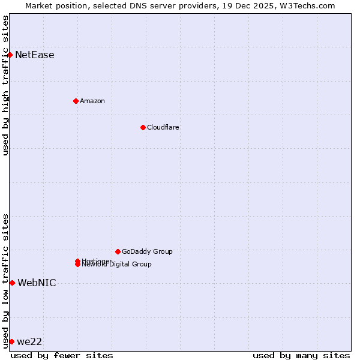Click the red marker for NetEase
tap(10, 55)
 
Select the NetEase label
tap(35, 55)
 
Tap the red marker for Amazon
tap(76, 101)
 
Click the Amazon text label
tap(92, 101)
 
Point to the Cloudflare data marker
tap(143, 127)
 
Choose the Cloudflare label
tap(163, 127)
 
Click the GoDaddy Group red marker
tap(118, 251)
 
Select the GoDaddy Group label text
tap(147, 251)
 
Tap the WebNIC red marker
tap(12, 283)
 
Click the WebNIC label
tap(37, 283)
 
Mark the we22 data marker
tap(11, 341)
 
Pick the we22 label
tap(29, 342)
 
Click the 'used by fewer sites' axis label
tap(62, 355)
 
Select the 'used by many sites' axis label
tap(301, 355)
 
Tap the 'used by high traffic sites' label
tap(6, 85)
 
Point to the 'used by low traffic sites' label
tap(6, 281)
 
